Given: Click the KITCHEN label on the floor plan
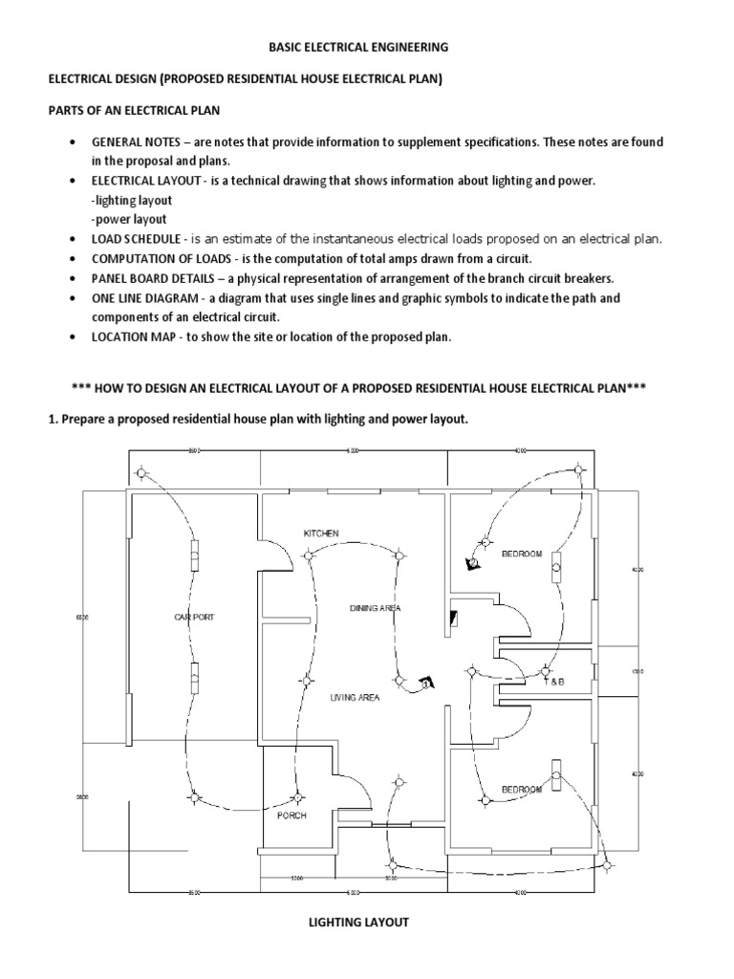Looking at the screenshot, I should [321, 533].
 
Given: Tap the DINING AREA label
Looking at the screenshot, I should [374, 608].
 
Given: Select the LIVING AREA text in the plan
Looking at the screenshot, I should [355, 698].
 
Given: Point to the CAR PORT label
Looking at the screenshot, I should [194, 618].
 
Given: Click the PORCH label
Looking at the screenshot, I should [291, 816].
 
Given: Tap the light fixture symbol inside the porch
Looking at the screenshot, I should [298, 796].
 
